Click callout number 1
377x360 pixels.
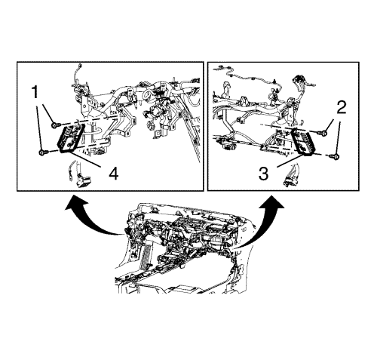pyautogui.click(x=35, y=92)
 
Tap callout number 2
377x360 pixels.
pyautogui.click(x=341, y=107)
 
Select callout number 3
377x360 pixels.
pyautogui.click(x=263, y=174)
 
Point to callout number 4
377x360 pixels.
pyautogui.click(x=114, y=174)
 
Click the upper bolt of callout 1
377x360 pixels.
pyautogui.click(x=55, y=125)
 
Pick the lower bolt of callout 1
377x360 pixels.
pyautogui.click(x=41, y=152)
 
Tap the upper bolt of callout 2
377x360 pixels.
pyautogui.click(x=324, y=133)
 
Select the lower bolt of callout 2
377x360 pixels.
pyautogui.click(x=336, y=156)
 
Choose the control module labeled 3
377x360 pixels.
pyautogui.click(x=303, y=143)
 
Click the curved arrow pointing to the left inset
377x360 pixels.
pyautogui.click(x=88, y=216)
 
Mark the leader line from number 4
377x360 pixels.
pyautogui.click(x=84, y=158)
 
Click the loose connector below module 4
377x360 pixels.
pyautogui.click(x=83, y=181)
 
